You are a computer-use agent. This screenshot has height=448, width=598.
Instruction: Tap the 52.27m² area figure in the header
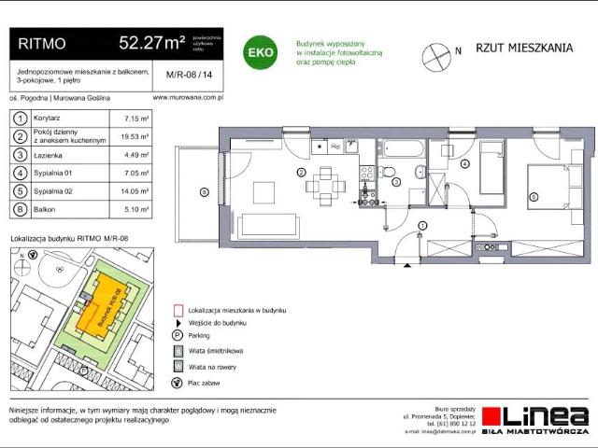150,43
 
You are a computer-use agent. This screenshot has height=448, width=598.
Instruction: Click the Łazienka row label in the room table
46,155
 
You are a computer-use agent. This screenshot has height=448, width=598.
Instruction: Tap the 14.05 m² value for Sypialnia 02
137,191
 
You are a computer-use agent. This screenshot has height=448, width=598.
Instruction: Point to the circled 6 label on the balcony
204,193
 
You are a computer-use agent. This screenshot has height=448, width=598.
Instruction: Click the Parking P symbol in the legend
178,335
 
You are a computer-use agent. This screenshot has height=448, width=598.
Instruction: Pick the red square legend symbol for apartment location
178,309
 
